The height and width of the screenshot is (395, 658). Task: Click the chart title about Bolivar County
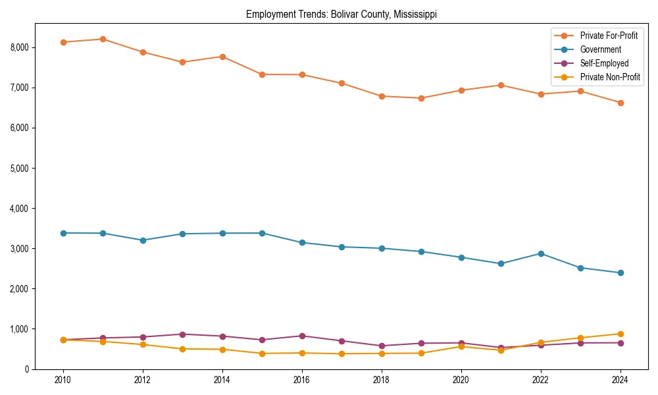coord(341,14)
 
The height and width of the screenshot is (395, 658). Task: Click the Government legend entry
coord(600,49)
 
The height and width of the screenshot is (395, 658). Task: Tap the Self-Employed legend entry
coord(604,63)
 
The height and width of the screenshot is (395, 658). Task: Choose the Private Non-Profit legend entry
coord(610,77)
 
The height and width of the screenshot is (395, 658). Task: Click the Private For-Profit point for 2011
coord(103,39)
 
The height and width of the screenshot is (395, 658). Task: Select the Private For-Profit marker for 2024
coord(620,103)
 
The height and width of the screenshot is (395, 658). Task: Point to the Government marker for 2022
coord(541,253)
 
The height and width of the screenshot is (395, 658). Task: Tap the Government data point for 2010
coord(63,233)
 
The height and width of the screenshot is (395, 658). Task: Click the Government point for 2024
coord(620,273)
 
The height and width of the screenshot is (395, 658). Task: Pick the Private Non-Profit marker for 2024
coord(620,334)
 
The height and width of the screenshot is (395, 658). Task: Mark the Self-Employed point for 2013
coord(183,334)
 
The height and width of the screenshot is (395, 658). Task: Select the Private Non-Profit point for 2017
coord(342,354)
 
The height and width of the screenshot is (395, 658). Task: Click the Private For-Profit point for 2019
coord(421,98)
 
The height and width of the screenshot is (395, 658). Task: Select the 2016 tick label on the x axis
coord(302,380)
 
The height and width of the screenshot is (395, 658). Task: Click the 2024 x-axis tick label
coord(620,380)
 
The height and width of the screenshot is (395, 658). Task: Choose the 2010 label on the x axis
coord(63,380)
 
